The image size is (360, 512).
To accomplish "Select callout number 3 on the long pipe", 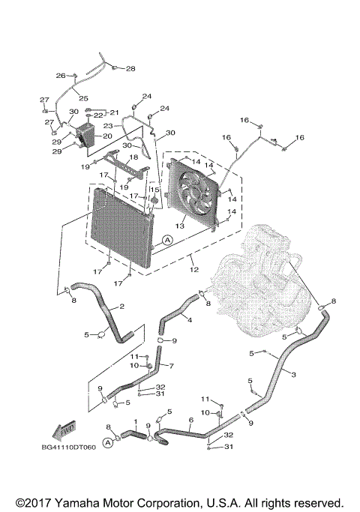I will click(x=292, y=375).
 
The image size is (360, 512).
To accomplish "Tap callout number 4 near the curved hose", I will click(x=189, y=320).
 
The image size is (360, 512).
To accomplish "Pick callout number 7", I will click(x=171, y=366).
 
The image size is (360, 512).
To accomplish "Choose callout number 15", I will click(x=153, y=190).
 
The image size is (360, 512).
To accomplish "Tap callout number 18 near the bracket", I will click(x=133, y=157).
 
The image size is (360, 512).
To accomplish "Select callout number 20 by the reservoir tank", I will click(x=107, y=136).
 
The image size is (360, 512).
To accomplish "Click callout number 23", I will click(x=108, y=126).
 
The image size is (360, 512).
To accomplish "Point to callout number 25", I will click(x=83, y=98).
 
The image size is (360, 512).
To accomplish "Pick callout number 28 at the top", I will click(x=130, y=68).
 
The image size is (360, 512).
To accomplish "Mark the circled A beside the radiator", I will click(x=167, y=239).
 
